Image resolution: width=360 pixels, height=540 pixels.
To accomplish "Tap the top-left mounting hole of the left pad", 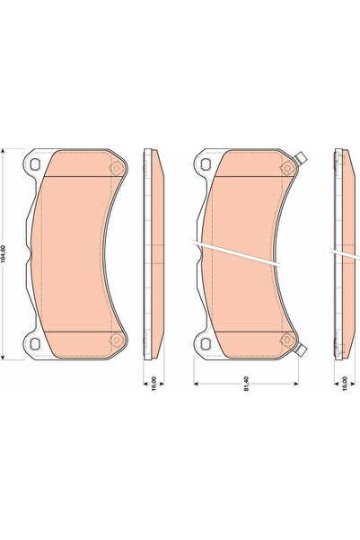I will [x=36, y=164].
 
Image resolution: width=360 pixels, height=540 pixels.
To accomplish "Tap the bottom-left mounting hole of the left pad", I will [x=36, y=342].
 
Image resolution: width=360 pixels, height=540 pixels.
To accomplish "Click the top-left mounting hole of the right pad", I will [x=206, y=164].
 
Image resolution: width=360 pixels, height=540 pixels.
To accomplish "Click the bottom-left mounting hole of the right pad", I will [x=206, y=342].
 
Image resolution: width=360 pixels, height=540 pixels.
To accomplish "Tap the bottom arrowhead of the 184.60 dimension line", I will [x=7, y=357].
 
